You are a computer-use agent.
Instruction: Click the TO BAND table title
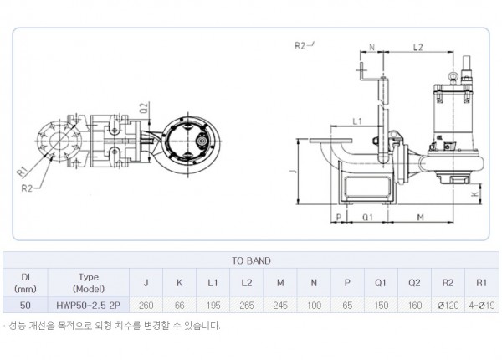251,260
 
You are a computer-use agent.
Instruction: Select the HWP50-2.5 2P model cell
89,306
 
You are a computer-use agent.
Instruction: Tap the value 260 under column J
146,306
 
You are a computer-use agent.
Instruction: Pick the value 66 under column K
180,306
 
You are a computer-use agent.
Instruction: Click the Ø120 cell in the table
448,306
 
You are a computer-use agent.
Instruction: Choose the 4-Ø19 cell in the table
482,306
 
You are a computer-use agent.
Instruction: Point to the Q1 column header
381,283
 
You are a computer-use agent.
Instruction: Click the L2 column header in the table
247,283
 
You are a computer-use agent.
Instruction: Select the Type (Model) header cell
89,283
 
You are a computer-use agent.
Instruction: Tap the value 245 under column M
280,306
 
